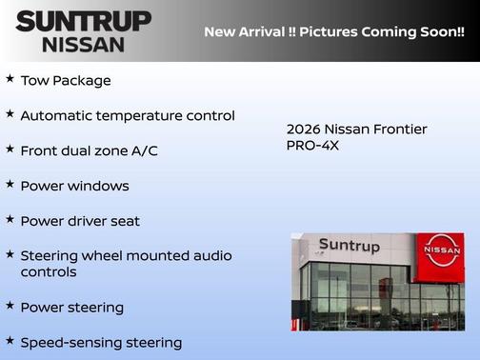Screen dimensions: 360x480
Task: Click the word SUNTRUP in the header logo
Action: tap(83, 21)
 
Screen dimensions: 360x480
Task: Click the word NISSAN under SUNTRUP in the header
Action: tap(83, 44)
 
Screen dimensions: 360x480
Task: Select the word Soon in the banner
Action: tap(435, 32)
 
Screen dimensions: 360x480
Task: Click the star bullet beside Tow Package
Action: tap(10, 79)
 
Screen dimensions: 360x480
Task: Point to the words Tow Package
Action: tap(65, 81)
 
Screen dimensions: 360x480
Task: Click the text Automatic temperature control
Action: tap(127, 115)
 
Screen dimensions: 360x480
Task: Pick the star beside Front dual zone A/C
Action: tap(10, 149)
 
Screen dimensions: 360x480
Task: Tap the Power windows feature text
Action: tap(74, 186)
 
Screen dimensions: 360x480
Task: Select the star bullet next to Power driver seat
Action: tap(10, 219)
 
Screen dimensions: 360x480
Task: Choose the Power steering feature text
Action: tap(71, 308)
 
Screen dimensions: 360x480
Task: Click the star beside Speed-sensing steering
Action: tap(10, 339)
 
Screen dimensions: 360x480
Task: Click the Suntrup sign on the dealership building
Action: tap(349, 247)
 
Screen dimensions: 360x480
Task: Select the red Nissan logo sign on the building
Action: tap(443, 250)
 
